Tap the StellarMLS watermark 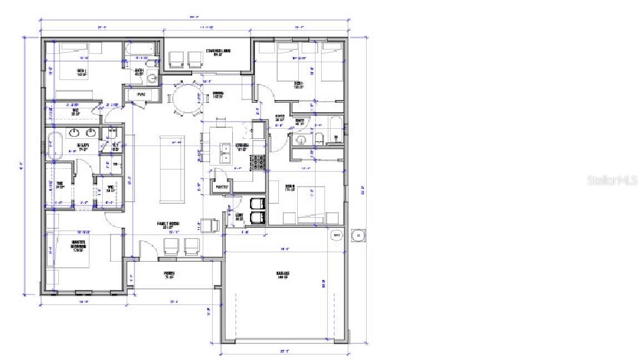click(x=612, y=180)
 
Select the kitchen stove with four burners click(x=259, y=162)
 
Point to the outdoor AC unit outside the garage click(x=359, y=236)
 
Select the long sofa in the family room click(x=171, y=168)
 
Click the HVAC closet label click(x=141, y=95)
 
